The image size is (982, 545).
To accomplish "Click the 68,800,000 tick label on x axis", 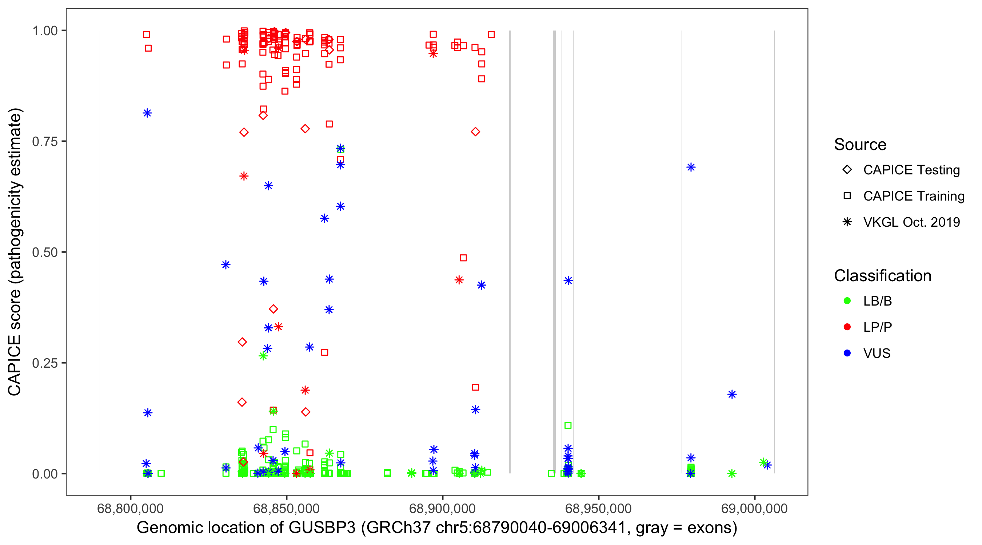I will coord(130,508).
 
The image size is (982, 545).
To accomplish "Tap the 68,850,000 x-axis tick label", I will coord(286,508).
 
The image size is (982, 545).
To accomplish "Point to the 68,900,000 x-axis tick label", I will coord(442,508).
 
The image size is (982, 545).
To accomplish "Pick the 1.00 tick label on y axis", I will coord(45,31).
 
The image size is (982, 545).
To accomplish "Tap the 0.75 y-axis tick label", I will coord(45,142).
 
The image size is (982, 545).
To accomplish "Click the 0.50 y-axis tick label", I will coord(45,252).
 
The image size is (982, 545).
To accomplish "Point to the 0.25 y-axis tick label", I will coord(45,363).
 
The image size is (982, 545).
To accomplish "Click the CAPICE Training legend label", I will coord(914,196).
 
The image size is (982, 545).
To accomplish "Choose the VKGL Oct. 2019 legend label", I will coord(911,222).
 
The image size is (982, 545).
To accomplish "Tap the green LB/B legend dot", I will coord(847,301).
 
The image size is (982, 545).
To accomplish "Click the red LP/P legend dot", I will coord(847,327).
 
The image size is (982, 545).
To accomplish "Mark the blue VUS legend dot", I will coord(847,354).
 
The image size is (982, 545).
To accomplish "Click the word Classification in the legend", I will coord(882,276).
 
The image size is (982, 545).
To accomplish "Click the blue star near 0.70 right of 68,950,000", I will coord(691,167).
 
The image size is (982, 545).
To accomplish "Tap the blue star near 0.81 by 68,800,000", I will coord(148,113).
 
